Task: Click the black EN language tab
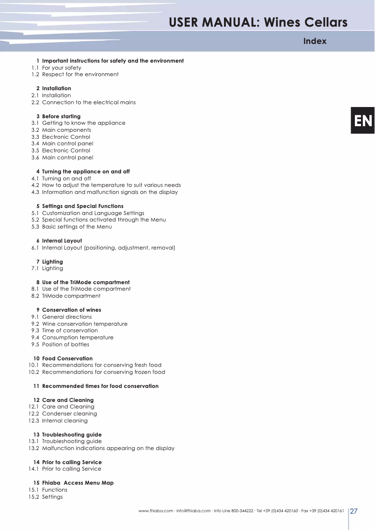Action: coord(363,121)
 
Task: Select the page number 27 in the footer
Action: coord(354,511)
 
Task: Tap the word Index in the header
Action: coord(315,41)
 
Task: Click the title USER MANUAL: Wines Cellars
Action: coord(258,22)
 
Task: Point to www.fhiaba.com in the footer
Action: coord(156,511)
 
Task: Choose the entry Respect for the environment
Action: coord(80,74)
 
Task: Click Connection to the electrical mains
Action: coord(89,102)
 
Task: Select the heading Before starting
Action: coord(61,116)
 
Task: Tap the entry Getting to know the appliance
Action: coord(84,123)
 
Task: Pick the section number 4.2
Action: coord(35,185)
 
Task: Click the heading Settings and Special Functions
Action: coord(83,206)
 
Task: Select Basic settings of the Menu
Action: coord(77,227)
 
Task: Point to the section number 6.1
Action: coord(35,248)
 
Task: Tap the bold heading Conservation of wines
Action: coord(72,310)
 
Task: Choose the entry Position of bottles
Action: coord(65,344)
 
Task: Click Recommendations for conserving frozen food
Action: coord(103,372)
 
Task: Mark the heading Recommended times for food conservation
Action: coord(100,386)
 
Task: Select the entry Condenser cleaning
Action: coord(70,414)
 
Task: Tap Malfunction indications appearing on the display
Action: coord(108,448)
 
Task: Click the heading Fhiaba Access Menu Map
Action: coord(78,483)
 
